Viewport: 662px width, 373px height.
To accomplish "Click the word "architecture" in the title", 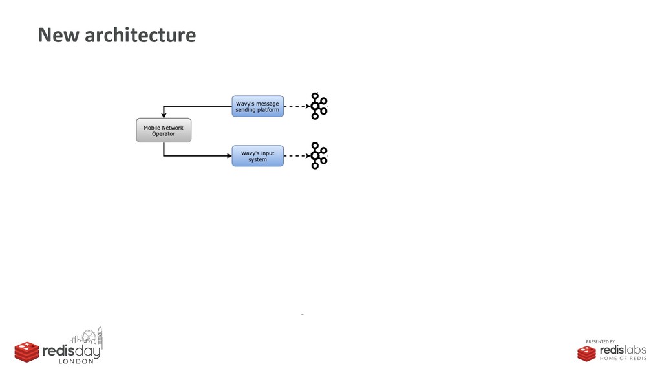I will (x=140, y=35).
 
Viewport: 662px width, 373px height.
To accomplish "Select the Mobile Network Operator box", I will (x=164, y=131).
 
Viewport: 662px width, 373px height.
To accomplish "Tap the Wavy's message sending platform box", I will (x=257, y=106).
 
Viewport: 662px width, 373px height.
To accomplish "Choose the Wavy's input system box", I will (x=257, y=156).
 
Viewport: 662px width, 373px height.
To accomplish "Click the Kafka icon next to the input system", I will (x=317, y=155).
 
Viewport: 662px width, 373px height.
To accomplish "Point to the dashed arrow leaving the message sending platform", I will (x=296, y=106).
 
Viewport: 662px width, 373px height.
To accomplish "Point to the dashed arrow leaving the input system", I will (x=296, y=156).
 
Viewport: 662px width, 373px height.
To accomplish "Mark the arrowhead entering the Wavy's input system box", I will (x=228, y=156).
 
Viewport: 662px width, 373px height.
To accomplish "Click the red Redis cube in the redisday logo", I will (x=27, y=351).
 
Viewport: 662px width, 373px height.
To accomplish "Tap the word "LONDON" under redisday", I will (x=76, y=361).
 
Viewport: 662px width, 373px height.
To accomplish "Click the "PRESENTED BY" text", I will (x=600, y=341).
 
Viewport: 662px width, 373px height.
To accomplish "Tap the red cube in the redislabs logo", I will (x=587, y=353).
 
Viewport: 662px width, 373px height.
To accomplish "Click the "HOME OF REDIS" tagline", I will (x=623, y=359).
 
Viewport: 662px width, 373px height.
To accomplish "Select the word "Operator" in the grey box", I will (x=164, y=135).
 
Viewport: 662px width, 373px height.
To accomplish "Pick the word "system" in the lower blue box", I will (x=257, y=160).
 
